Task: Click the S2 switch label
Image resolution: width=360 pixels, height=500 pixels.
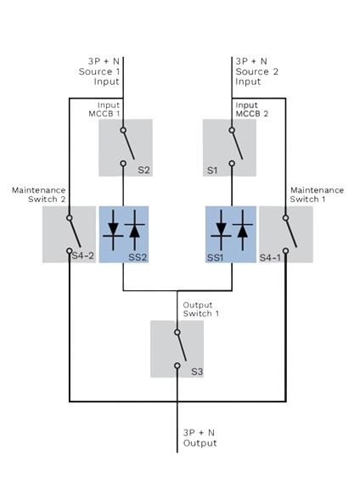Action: (143, 170)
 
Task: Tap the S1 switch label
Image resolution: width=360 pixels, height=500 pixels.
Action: (212, 171)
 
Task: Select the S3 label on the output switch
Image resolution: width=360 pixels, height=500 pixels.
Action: (197, 372)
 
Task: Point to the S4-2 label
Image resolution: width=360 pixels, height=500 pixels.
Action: (83, 256)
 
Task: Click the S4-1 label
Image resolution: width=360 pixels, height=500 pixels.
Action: (270, 257)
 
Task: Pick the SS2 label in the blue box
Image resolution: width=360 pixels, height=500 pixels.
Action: (138, 257)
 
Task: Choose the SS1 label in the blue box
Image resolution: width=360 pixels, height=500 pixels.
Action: (215, 257)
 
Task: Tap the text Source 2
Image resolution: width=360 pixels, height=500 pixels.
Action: (256, 71)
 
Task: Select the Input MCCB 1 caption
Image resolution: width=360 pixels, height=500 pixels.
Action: (104, 110)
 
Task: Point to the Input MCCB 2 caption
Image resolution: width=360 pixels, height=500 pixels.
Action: (252, 110)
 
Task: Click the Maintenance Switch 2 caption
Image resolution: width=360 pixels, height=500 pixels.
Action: (38, 194)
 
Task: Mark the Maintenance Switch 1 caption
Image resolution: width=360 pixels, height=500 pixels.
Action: (317, 194)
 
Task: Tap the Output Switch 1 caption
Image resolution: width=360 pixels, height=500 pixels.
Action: (201, 309)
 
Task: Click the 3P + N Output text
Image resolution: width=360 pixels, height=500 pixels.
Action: (200, 438)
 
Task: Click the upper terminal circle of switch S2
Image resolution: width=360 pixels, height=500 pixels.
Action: (123, 130)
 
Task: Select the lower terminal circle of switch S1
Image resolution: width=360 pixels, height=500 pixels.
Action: (232, 164)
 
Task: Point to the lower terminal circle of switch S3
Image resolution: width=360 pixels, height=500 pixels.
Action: (177, 366)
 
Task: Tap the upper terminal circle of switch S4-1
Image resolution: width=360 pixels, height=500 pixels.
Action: (285, 218)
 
